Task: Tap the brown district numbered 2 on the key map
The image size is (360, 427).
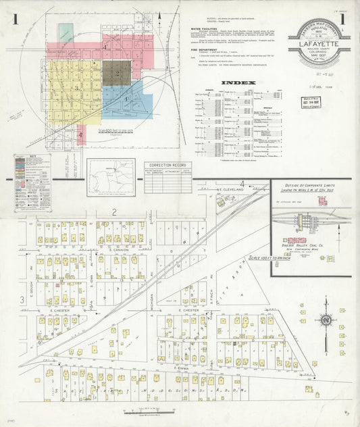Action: pyautogui.click(x=116, y=72)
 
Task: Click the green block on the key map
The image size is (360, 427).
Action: pyautogui.click(x=66, y=32)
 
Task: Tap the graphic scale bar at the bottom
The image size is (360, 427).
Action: pyautogui.click(x=153, y=411)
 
